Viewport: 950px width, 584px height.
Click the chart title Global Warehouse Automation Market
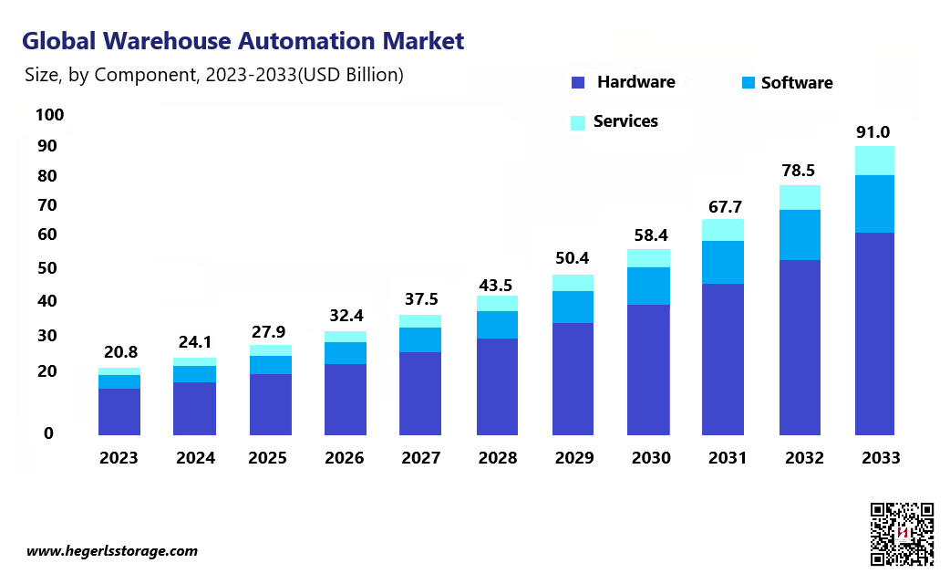pyautogui.click(x=243, y=41)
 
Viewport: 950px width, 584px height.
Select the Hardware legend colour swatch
pyautogui.click(x=577, y=83)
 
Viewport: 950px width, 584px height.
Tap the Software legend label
pyautogui.click(x=797, y=83)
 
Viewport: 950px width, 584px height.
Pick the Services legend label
pyautogui.click(x=625, y=121)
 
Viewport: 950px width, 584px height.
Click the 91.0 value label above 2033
pyautogui.click(x=873, y=132)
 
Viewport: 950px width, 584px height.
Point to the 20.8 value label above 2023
pyautogui.click(x=119, y=351)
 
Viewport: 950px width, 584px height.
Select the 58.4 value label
pyautogui.click(x=650, y=235)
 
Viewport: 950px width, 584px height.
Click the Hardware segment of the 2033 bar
pyautogui.click(x=873, y=333)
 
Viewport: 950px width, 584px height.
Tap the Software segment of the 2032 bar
pyautogui.click(x=799, y=235)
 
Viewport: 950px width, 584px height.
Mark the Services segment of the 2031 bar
pyautogui.click(x=723, y=230)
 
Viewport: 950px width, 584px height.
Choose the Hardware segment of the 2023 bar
pyautogui.click(x=119, y=411)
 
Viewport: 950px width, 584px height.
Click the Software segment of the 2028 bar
pyautogui.click(x=497, y=325)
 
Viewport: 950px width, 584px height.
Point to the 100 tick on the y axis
pyautogui.click(x=49, y=115)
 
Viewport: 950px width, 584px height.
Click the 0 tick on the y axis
pyautogui.click(x=48, y=433)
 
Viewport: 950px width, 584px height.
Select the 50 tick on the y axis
pyautogui.click(x=48, y=268)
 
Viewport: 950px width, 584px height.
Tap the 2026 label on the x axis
pyautogui.click(x=346, y=458)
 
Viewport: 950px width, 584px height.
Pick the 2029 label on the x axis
pyautogui.click(x=573, y=458)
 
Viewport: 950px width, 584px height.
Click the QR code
pyautogui.click(x=902, y=534)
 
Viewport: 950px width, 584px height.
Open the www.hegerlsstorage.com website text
pyautogui.click(x=112, y=551)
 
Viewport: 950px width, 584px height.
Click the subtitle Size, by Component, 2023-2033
pyautogui.click(x=214, y=76)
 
